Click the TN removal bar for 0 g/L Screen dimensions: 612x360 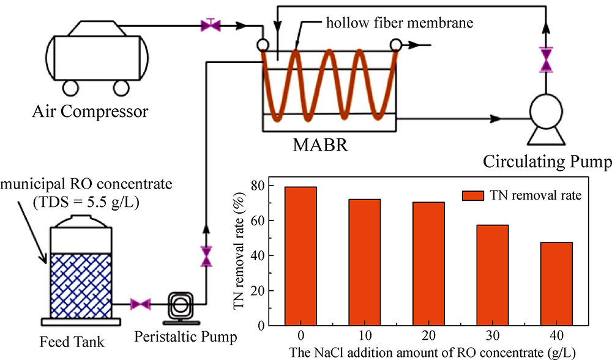click(300, 256)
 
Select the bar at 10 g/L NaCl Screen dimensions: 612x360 click(365, 263)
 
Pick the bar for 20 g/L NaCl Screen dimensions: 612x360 click(428, 264)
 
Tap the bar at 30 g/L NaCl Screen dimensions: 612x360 click(493, 276)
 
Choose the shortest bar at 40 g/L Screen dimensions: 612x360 click(556, 284)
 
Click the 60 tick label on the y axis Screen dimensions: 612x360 click(257, 220)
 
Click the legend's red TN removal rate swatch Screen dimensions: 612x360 click(473, 195)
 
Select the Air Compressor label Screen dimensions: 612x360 click(90, 111)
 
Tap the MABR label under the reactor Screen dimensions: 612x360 click(320, 145)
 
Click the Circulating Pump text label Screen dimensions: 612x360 click(547, 162)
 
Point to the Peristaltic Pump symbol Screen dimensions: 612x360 click(181, 307)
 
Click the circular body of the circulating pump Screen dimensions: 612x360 click(546, 111)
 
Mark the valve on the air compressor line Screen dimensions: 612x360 click(211, 25)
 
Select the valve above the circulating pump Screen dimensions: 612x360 click(546, 60)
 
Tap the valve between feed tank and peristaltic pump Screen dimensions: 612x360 click(141, 304)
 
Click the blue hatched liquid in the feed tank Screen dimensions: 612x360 click(81, 285)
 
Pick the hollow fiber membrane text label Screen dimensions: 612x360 click(400, 23)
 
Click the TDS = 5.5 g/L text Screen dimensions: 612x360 click(86, 203)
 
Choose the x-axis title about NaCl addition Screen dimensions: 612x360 click(433, 353)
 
